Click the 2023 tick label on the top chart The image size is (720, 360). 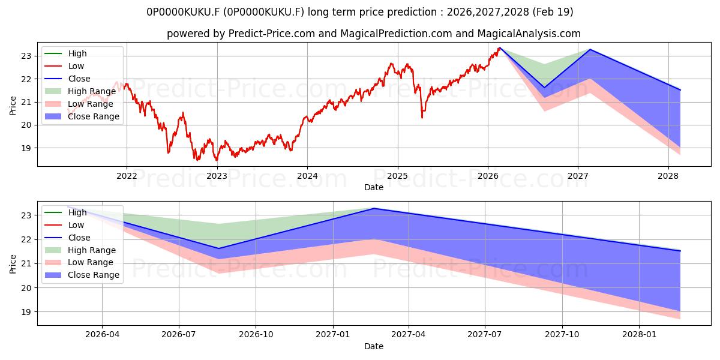pos(217,176)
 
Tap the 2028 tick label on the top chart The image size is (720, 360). pos(668,176)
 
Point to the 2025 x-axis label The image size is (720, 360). pos(397,176)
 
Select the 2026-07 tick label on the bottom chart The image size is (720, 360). pos(179,335)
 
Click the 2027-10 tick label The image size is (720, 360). pos(562,335)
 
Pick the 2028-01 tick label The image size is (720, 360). pos(639,335)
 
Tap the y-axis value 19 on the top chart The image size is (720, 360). pos(26,148)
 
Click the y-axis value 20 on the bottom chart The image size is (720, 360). pos(26,288)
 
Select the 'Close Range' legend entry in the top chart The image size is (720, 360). pos(82,116)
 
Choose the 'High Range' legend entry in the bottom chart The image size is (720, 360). pos(80,250)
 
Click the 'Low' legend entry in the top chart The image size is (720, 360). pos(64,66)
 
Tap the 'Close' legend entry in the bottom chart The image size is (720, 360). pos(67,238)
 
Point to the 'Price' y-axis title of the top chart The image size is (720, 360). pos(13,106)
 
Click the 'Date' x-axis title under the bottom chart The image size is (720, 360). pos(374,346)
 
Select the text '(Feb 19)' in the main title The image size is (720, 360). pos(553,12)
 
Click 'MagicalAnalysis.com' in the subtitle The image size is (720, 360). pos(529,34)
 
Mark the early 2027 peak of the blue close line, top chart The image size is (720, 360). pos(590,49)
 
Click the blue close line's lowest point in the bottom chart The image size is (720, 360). pos(219,248)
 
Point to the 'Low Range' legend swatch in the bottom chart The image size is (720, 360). pos(53,263)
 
